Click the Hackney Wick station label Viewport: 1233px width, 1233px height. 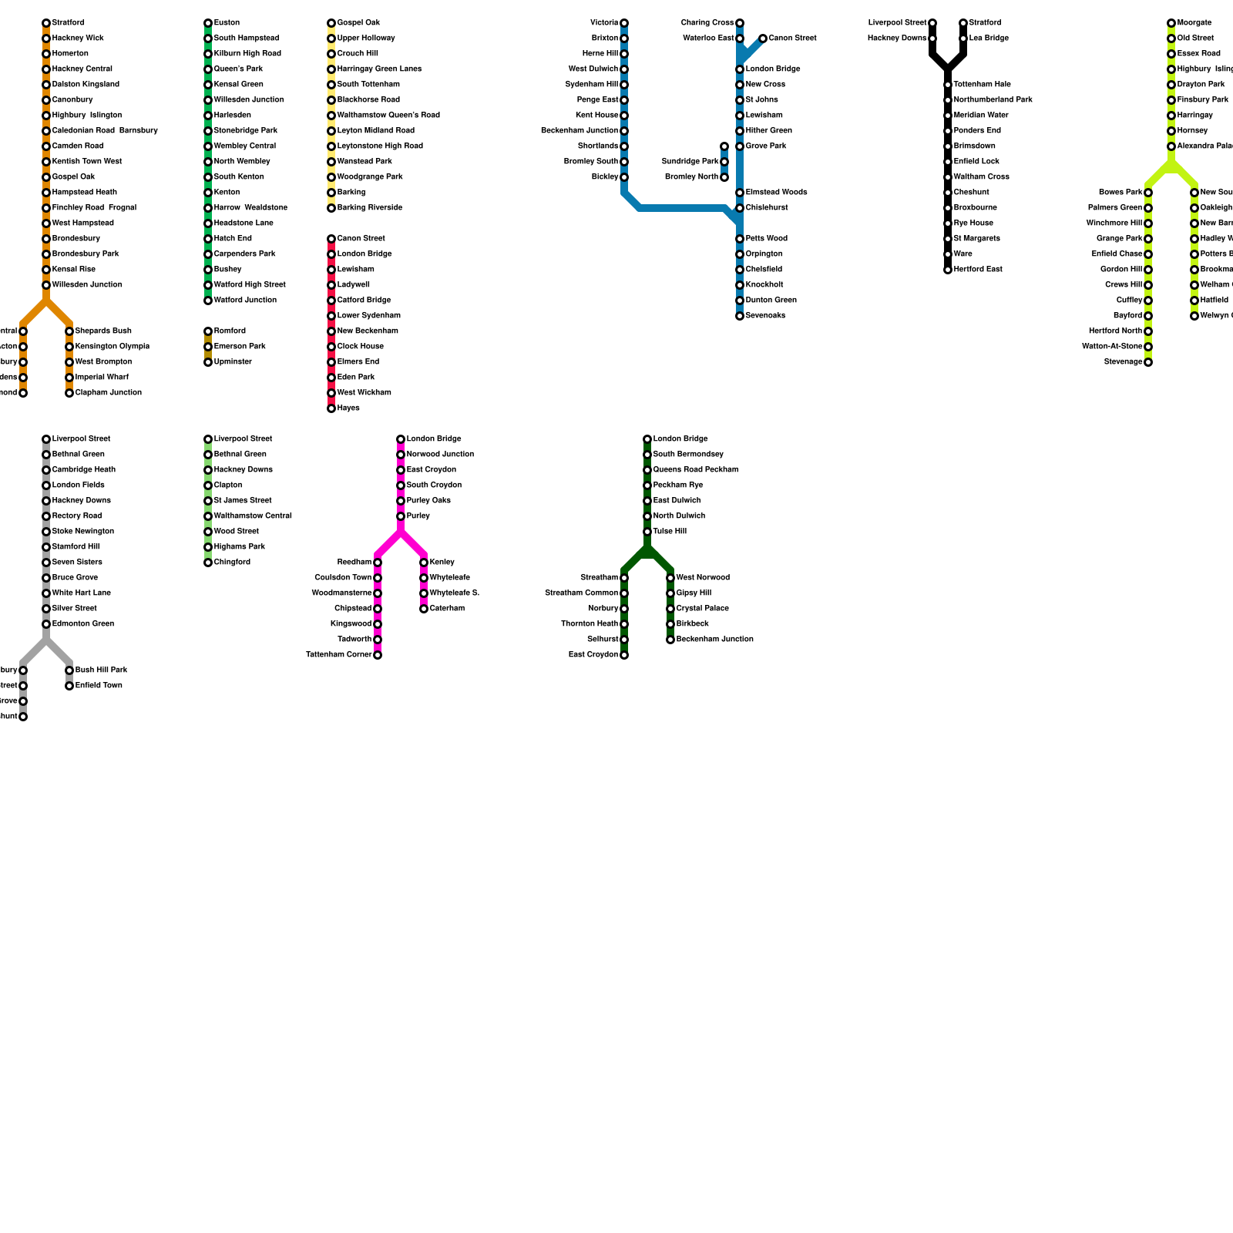click(x=78, y=39)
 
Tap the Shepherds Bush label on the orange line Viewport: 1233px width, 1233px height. click(x=103, y=331)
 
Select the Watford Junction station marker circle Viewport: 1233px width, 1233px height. click(x=208, y=301)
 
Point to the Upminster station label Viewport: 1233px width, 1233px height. click(x=233, y=362)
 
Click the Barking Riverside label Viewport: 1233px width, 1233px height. click(x=369, y=208)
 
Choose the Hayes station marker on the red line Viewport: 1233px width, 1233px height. click(x=331, y=408)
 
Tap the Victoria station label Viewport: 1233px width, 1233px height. click(x=604, y=23)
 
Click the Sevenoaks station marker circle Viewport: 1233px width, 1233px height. click(x=740, y=316)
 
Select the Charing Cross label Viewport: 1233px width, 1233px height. click(x=707, y=23)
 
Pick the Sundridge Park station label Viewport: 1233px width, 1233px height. click(x=690, y=162)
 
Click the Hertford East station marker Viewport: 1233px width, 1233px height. click(x=948, y=270)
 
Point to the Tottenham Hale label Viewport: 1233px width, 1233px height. click(x=982, y=85)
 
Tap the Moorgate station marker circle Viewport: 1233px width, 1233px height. click(x=1171, y=23)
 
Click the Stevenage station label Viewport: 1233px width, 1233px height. click(x=1123, y=362)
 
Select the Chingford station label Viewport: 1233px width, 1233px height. click(x=232, y=563)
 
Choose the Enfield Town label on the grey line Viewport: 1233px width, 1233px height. click(x=99, y=686)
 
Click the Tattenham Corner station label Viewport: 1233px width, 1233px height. click(x=338, y=655)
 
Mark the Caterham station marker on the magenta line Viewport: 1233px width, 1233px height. click(x=424, y=609)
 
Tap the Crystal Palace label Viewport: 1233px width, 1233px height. click(x=702, y=609)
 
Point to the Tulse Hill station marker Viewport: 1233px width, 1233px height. click(x=647, y=532)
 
